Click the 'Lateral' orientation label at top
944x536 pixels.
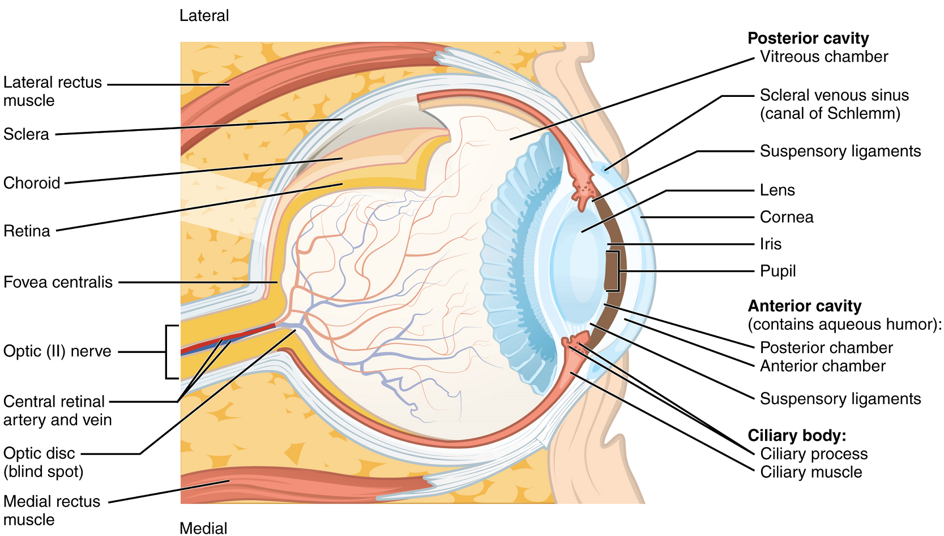204,16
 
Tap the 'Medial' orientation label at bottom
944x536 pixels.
203,528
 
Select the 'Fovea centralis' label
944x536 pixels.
58,282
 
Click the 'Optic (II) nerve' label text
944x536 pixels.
57,351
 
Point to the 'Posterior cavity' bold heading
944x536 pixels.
808,38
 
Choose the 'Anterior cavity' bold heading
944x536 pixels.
804,306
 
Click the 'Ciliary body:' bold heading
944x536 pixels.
797,435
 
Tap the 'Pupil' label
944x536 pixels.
778,271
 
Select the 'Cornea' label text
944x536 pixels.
786,217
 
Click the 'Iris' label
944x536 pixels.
770,244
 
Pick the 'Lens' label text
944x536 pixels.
777,190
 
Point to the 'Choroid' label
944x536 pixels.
32,183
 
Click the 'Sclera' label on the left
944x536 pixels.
26,134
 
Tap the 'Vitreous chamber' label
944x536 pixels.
823,57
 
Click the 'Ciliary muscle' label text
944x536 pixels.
811,472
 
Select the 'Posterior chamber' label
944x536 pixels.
826,347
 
